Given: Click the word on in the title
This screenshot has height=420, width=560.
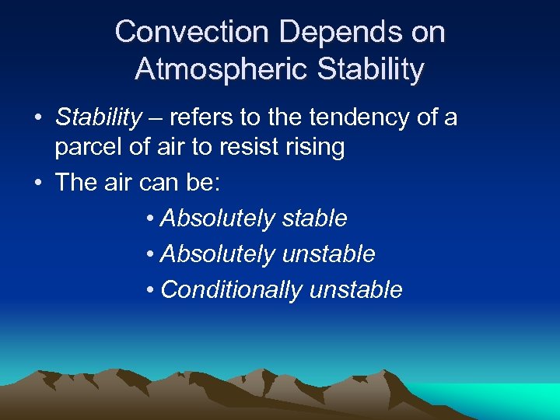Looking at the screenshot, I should point(426,32).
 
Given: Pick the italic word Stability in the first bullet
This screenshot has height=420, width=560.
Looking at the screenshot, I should point(99,117).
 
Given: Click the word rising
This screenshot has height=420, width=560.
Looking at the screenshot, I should point(317,148).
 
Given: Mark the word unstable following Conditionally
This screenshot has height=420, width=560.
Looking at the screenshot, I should point(355,289).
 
